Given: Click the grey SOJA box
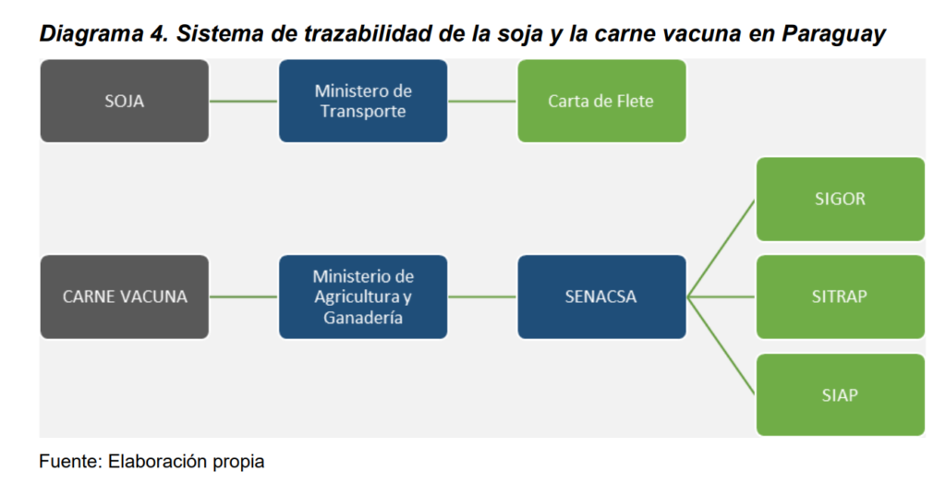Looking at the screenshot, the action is tap(125, 101).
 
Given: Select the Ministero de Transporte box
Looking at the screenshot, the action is tap(363, 101).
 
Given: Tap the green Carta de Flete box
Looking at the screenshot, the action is tap(601, 101).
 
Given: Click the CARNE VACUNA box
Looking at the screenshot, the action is tap(125, 296).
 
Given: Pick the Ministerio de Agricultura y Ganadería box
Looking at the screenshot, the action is tap(363, 296).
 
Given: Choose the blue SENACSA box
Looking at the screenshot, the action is tap(601, 296).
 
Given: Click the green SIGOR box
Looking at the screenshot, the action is tap(841, 200).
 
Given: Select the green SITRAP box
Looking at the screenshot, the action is tap(841, 296).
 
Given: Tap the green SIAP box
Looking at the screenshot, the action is tap(841, 394).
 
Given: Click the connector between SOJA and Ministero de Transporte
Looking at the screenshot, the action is tap(244, 101).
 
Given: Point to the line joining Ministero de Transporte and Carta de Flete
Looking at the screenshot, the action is tap(482, 101).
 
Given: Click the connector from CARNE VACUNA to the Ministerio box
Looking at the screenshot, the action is tap(244, 296).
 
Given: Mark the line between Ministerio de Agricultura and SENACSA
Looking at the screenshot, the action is tap(482, 296).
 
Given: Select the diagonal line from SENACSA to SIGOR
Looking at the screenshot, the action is tap(721, 248).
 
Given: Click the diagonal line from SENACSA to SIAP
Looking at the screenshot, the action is tap(721, 345).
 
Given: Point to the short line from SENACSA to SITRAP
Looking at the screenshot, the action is tap(721, 296).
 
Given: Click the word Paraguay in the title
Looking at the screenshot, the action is tap(834, 34).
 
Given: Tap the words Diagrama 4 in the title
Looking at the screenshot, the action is tap(103, 34).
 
